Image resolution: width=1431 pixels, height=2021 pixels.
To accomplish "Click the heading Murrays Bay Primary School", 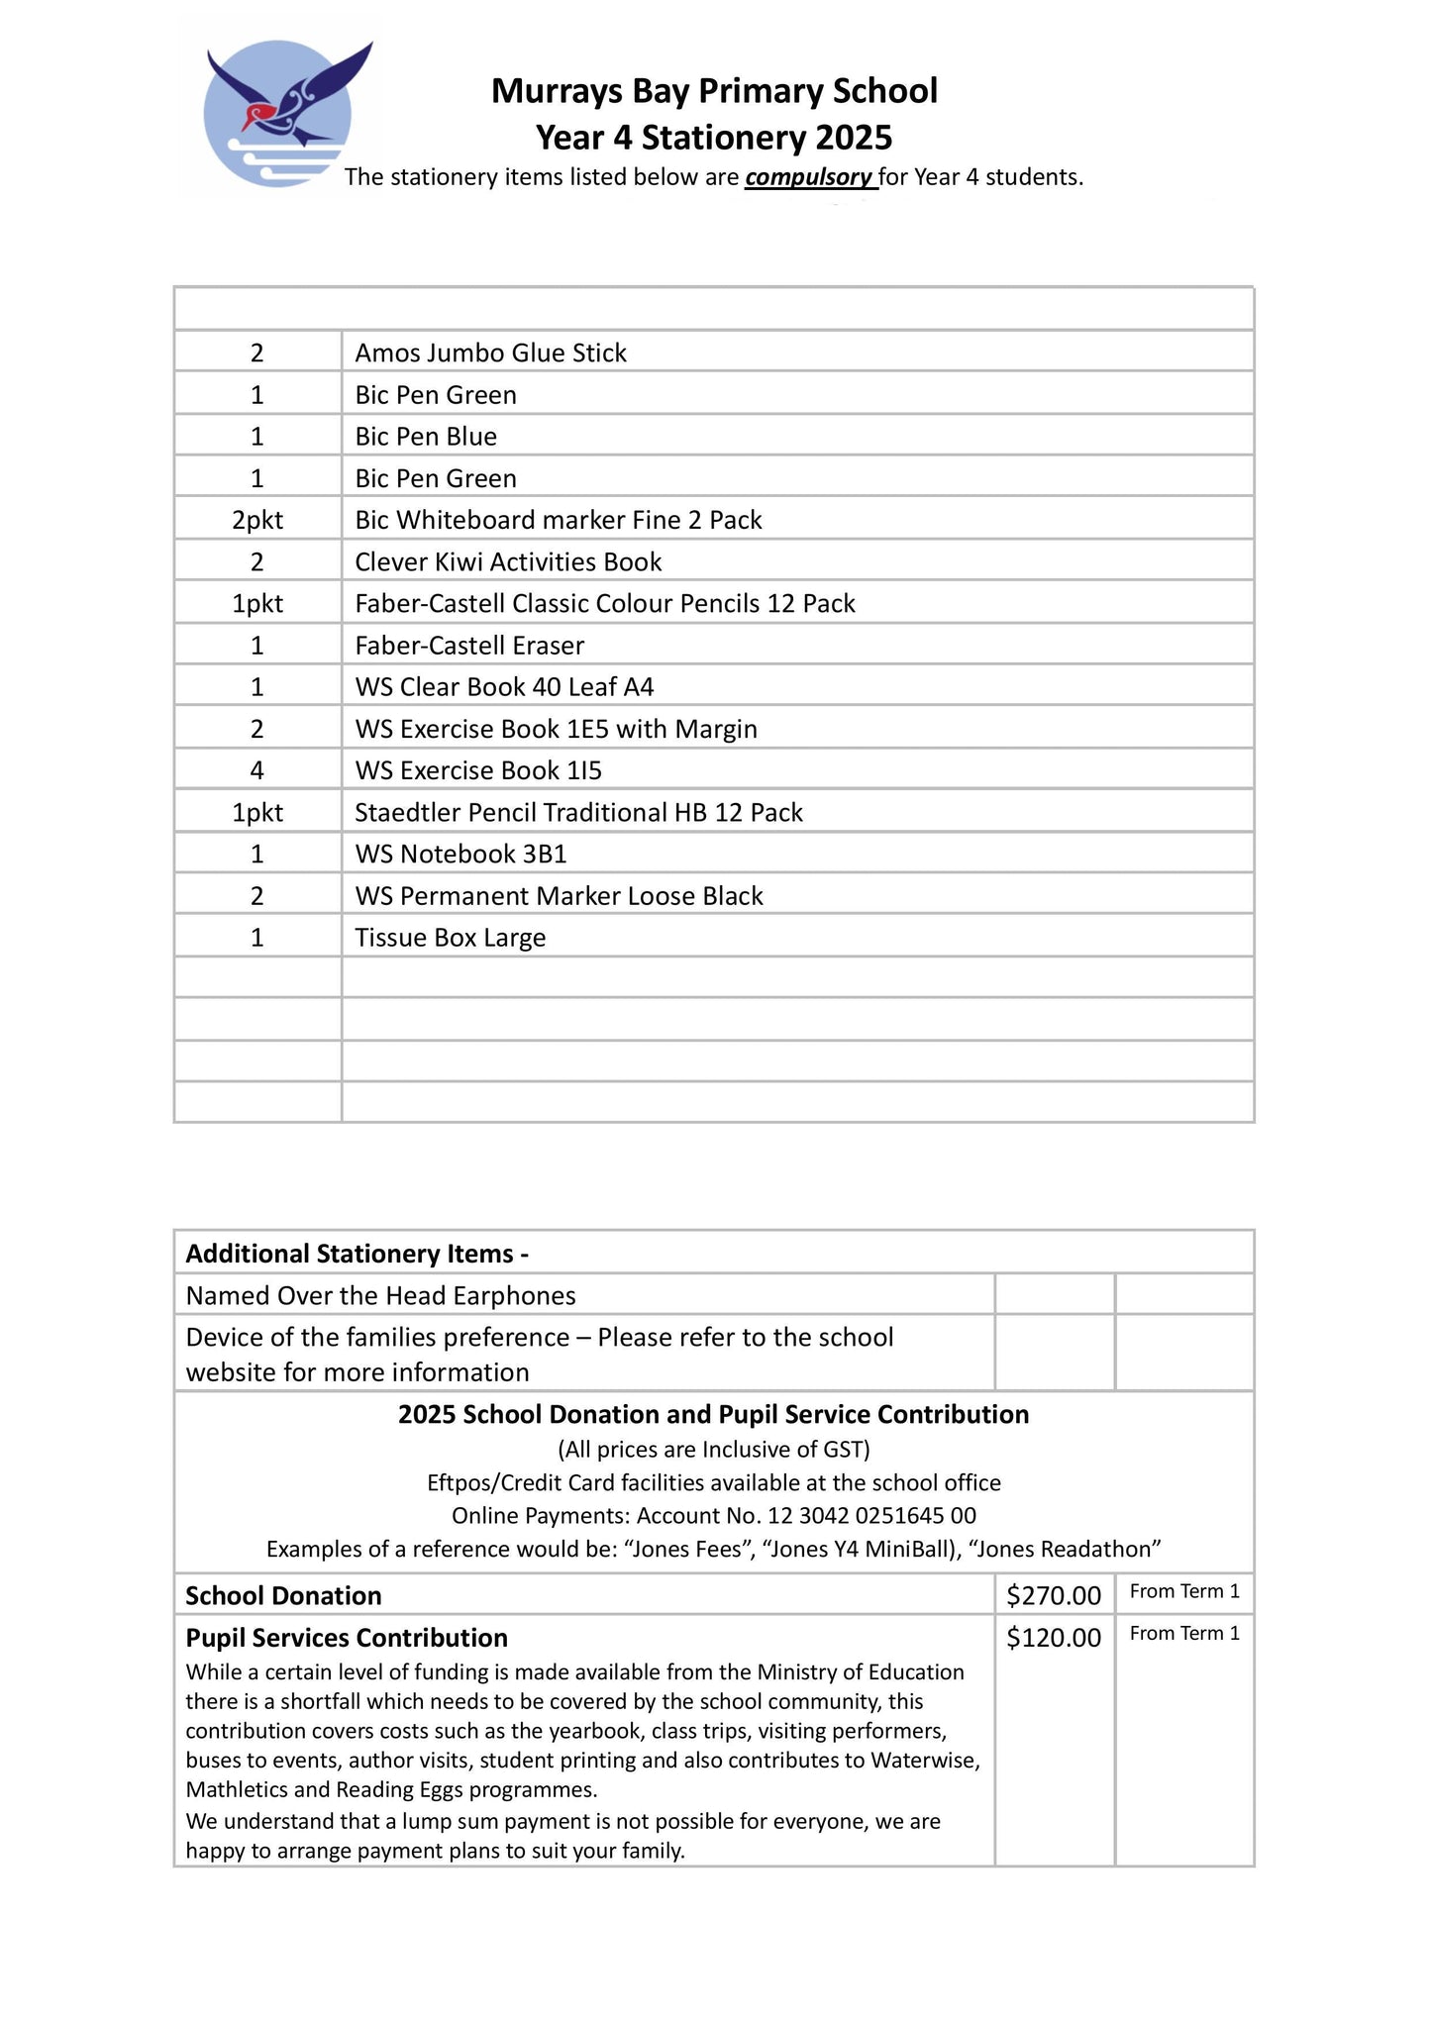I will pos(713,91).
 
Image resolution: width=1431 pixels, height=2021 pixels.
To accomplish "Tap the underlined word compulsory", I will pos(809,177).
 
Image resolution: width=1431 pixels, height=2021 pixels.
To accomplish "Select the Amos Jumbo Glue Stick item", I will pos(490,353).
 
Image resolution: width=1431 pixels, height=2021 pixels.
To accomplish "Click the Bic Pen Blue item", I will pos(426,437).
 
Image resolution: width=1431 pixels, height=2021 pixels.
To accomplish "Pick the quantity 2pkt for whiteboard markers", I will pos(257,520).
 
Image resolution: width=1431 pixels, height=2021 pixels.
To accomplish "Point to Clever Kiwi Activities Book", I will pos(508,562).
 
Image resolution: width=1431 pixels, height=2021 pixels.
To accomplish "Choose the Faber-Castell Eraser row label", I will pos(469,646).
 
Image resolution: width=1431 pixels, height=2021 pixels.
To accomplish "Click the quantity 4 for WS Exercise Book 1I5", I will pos(257,770).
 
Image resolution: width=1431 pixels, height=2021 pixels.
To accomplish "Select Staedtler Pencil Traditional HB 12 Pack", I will pos(578,813).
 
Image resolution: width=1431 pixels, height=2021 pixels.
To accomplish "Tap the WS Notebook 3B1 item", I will pos(460,855).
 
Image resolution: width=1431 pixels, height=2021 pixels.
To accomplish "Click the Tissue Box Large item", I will pos(450,938).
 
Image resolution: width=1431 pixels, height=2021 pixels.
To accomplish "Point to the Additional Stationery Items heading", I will pos(357,1254).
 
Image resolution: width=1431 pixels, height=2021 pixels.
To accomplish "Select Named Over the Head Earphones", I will pos(380,1295).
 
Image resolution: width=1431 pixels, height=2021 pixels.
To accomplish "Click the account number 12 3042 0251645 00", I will pos(871,1515).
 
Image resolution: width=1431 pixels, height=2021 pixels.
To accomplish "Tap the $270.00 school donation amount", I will pos(1053,1595).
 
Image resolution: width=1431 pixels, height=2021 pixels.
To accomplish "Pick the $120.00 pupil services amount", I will pos(1053,1637).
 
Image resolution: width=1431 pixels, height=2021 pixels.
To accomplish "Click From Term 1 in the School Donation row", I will pos(1184,1591).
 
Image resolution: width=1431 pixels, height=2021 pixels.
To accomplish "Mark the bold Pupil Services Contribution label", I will pos(347,1637).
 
